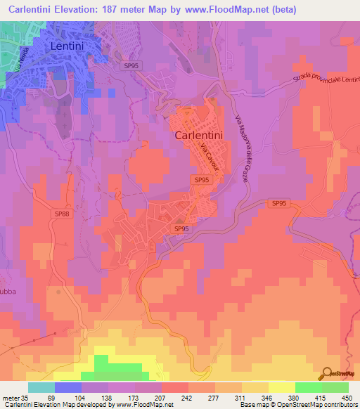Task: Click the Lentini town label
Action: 73,46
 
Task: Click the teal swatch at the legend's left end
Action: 41,387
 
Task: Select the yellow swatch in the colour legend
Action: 281,387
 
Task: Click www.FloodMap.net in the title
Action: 219,10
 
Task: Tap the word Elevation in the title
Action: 87,10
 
